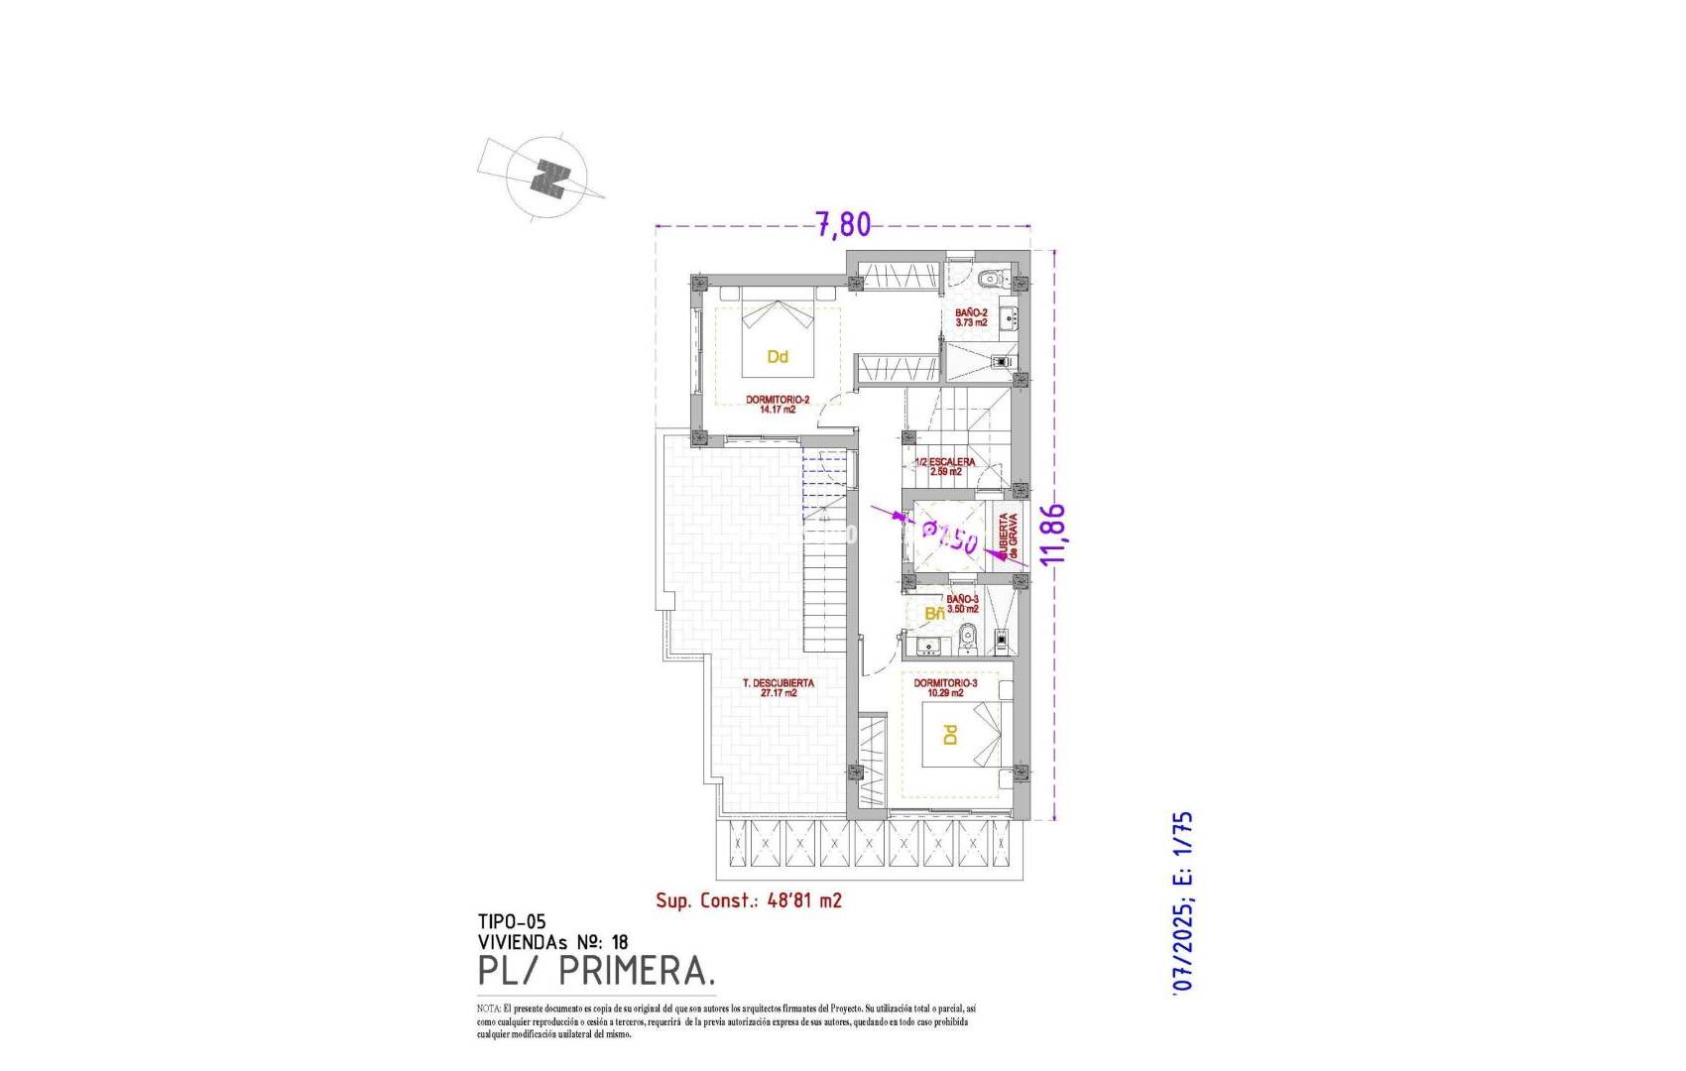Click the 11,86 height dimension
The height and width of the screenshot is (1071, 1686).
pos(1054,534)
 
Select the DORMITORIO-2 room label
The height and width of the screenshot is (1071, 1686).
pos(778,404)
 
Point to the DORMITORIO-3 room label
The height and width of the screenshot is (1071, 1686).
pos(945,688)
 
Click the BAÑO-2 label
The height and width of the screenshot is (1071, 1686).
pos(971,317)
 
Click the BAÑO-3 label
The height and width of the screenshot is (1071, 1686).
pos(962,604)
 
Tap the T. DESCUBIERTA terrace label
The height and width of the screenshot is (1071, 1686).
pos(779,688)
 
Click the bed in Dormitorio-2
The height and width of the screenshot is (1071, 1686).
pos(778,337)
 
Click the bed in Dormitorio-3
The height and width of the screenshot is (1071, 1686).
pos(961,735)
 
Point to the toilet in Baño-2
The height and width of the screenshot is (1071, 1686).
pos(988,279)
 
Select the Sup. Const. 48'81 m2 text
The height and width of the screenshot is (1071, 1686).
pos(749,900)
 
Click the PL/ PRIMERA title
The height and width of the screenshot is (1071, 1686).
pos(595,972)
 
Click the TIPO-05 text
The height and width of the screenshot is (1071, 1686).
pos(512,922)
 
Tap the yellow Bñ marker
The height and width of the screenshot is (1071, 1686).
pos(934,614)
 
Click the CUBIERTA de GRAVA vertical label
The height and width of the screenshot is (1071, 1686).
pos(1008,536)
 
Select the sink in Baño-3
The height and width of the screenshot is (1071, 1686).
pos(929,647)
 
